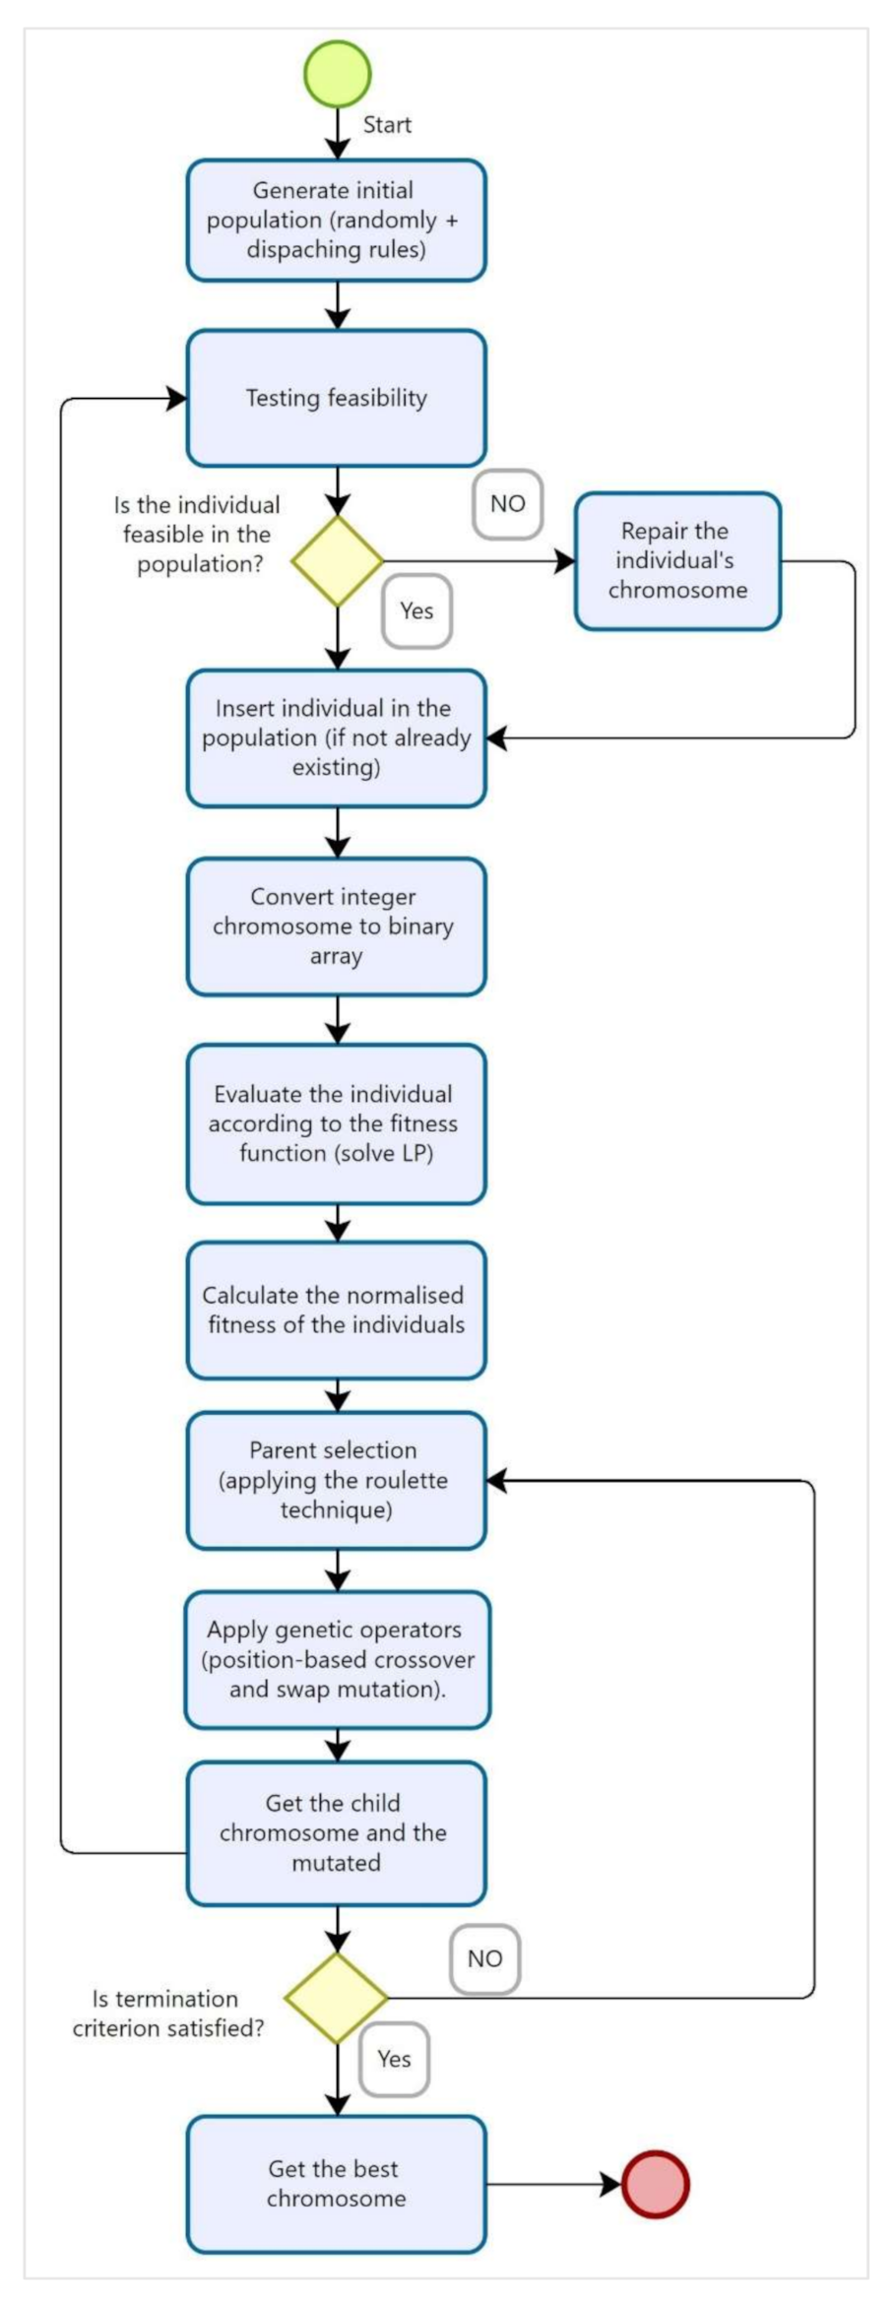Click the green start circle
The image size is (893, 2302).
click(x=337, y=74)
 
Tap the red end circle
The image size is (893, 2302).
click(x=655, y=2184)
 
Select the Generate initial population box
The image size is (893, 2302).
click(x=336, y=221)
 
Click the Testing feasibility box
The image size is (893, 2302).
click(x=336, y=398)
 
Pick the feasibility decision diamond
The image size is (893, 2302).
click(x=337, y=561)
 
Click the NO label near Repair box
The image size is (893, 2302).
click(x=507, y=504)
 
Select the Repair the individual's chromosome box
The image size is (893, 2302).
click(x=677, y=561)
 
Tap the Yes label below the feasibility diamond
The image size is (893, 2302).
click(x=416, y=611)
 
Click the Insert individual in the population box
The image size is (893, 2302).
click(x=336, y=738)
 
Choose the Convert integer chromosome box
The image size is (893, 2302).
click(x=336, y=927)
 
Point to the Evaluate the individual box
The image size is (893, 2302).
click(x=336, y=1123)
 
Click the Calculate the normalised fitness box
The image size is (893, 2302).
click(x=336, y=1310)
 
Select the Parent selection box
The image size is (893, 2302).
click(x=336, y=1480)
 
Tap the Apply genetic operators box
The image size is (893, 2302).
click(x=337, y=1659)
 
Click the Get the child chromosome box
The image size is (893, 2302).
click(x=336, y=1832)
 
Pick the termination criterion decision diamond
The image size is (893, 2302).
click(x=337, y=1998)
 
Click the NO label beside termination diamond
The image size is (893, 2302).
click(x=484, y=1958)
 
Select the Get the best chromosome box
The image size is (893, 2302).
click(x=336, y=2184)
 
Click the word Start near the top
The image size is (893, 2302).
click(x=387, y=125)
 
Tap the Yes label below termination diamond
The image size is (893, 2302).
click(x=394, y=2059)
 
